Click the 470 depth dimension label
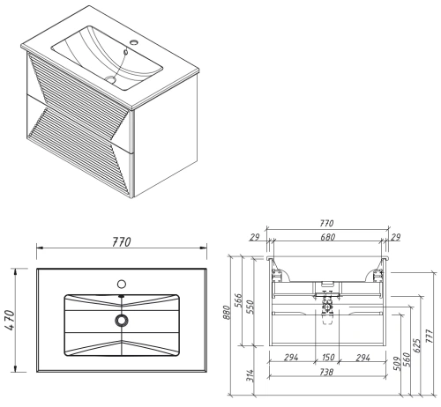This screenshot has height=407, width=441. click(x=10, y=320)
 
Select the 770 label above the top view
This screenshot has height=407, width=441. click(x=122, y=242)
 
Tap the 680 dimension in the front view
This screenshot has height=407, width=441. click(x=327, y=237)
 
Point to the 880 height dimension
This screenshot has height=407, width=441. click(x=226, y=312)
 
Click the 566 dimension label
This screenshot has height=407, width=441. click(x=238, y=300)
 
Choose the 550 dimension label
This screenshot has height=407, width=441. click(x=250, y=307)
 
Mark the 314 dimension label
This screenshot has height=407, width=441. click(x=250, y=375)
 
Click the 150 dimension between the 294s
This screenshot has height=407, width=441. click(x=327, y=358)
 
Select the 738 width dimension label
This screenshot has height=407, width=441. click(x=326, y=372)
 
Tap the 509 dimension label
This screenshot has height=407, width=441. click(x=397, y=363)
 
